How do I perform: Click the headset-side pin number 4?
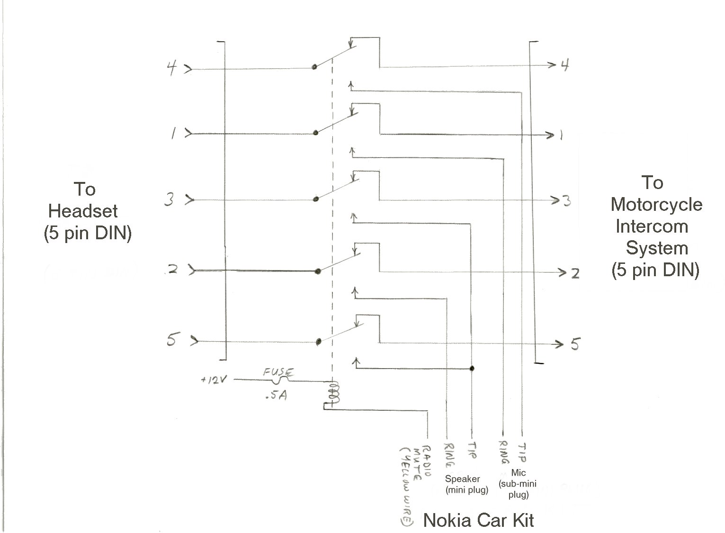click(x=172, y=68)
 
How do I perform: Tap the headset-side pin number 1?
click(x=174, y=133)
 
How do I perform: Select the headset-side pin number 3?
click(x=169, y=199)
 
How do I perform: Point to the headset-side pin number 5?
click(x=172, y=339)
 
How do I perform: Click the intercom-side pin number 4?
click(x=564, y=65)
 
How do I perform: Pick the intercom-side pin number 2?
click(x=575, y=274)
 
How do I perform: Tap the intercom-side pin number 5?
click(x=575, y=344)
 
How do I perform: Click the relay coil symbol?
click(x=334, y=392)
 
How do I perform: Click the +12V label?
click(x=214, y=379)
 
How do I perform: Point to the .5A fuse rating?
click(x=276, y=395)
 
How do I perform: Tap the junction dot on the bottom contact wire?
click(x=472, y=368)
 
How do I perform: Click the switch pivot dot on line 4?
click(x=314, y=67)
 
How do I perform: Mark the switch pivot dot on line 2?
click(x=318, y=271)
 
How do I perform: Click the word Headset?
click(x=83, y=211)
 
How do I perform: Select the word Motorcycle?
click(x=656, y=205)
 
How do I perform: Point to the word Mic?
click(x=518, y=473)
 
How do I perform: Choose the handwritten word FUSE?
click(x=278, y=372)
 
